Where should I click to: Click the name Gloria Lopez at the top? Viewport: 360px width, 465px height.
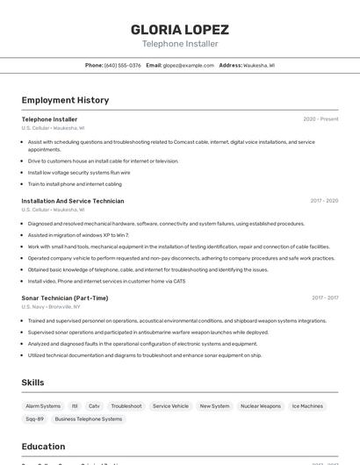tap(179, 29)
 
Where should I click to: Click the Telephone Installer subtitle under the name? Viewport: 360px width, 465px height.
tap(179, 44)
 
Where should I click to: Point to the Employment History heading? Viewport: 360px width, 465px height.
tap(65, 100)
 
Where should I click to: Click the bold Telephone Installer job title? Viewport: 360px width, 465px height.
tap(49, 119)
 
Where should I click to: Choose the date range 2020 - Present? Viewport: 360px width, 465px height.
tap(320, 119)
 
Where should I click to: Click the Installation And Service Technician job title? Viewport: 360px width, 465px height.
tap(73, 201)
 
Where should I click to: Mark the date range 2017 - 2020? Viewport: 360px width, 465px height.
tap(324, 201)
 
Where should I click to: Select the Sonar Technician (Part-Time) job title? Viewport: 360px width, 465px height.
tap(65, 298)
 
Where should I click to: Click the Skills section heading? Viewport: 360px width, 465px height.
tap(32, 383)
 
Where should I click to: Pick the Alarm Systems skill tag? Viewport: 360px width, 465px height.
tap(43, 406)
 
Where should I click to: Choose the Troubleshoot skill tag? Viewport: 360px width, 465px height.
tap(126, 406)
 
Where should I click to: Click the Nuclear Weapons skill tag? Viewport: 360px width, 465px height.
tap(261, 406)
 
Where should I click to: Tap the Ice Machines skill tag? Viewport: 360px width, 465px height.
tap(307, 406)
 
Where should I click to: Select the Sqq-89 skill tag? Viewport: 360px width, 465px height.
tap(34, 419)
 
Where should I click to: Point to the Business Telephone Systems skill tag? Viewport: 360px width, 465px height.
tap(89, 419)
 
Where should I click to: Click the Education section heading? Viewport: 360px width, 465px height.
tap(43, 447)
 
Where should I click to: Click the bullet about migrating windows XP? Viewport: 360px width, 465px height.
tap(78, 235)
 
